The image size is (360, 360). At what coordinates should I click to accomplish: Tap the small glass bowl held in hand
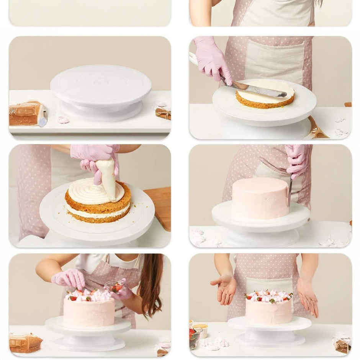tap(115, 286)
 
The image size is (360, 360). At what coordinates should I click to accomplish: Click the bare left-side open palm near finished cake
tap(224, 289)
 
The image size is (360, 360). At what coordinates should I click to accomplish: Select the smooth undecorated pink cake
tap(260, 198)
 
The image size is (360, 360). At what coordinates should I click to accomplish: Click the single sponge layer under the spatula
tap(264, 101)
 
